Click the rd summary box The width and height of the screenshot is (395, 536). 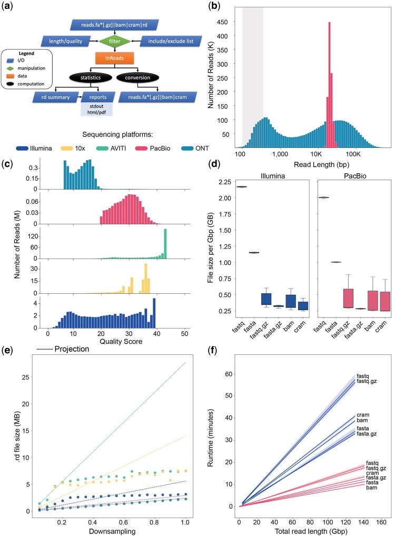pyautogui.click(x=55, y=97)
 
